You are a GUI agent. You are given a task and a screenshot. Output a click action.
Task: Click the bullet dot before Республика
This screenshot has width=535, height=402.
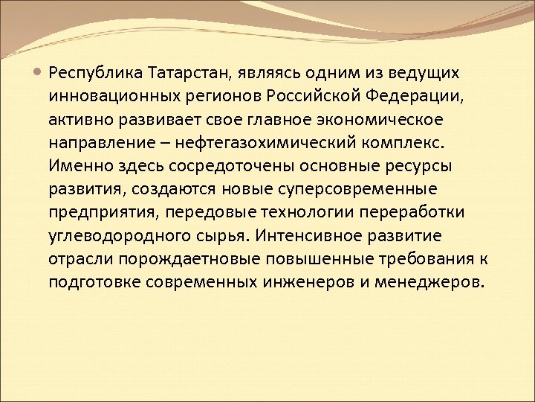click(39, 73)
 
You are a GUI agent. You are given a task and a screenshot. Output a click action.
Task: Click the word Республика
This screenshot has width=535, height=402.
click(95, 74)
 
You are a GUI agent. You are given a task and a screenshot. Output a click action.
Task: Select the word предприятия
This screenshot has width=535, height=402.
click(105, 212)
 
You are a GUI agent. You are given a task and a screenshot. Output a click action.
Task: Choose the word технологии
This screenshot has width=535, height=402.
click(299, 212)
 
